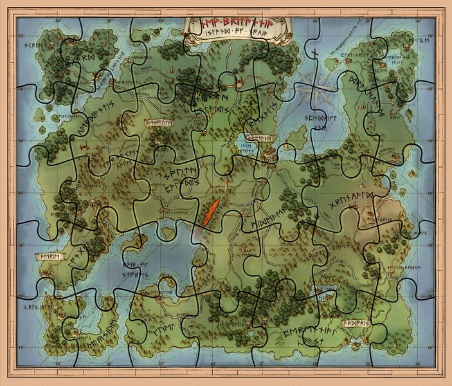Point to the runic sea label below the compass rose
pos(318,123)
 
